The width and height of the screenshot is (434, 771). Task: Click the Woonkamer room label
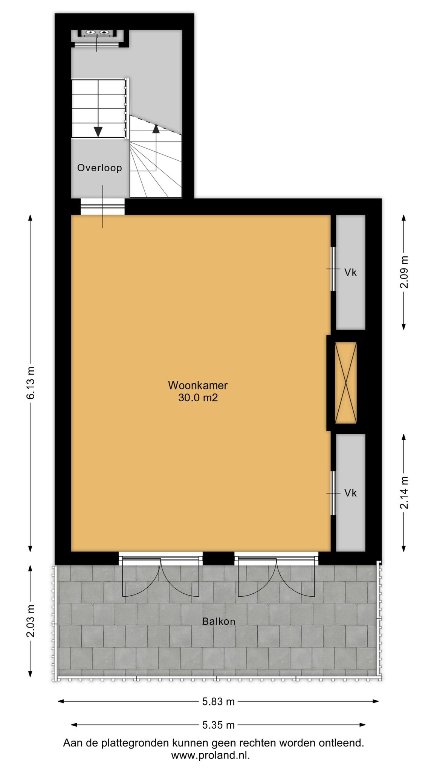click(x=198, y=385)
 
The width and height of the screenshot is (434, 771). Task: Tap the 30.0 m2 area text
click(x=198, y=398)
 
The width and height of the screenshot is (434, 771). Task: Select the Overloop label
click(x=99, y=168)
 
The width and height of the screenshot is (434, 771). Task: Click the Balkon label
click(x=219, y=621)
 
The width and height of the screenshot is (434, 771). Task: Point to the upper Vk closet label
click(x=350, y=273)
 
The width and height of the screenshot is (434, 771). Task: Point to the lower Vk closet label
click(x=350, y=493)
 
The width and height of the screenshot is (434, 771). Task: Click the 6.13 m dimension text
click(x=31, y=382)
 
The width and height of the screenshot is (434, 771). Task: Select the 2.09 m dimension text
click(x=404, y=272)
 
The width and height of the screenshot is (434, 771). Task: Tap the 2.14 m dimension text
click(x=404, y=492)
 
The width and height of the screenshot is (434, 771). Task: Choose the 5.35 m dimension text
click(x=219, y=725)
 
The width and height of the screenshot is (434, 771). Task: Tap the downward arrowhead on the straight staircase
click(x=98, y=132)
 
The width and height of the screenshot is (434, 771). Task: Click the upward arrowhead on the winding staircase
click(x=156, y=129)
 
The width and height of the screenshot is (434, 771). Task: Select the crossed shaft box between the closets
click(x=345, y=382)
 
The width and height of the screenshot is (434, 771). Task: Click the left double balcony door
click(x=161, y=576)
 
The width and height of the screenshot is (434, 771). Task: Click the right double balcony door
click(x=276, y=576)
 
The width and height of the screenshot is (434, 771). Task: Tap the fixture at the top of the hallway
click(x=96, y=33)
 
